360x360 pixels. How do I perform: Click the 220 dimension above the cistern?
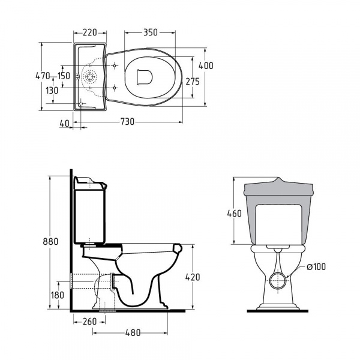(90, 32)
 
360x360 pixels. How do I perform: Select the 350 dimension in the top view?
(151, 32)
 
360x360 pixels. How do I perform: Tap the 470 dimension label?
(43, 76)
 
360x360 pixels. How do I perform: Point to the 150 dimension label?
(64, 76)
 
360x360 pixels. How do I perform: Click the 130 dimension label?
(52, 91)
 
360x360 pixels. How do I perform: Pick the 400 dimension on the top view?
(206, 65)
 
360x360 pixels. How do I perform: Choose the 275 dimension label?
(193, 82)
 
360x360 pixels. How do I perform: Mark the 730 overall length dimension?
(127, 122)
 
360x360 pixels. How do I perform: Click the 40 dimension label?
(64, 124)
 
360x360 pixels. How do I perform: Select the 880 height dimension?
(50, 242)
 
